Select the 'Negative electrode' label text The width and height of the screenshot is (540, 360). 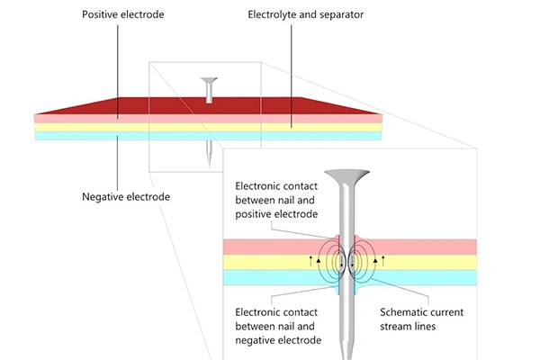pyautogui.click(x=121, y=196)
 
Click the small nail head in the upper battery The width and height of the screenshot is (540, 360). pyautogui.click(x=209, y=81)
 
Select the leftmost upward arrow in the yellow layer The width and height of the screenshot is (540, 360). pyautogui.click(x=312, y=260)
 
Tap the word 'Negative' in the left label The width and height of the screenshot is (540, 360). pyautogui.click(x=100, y=196)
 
